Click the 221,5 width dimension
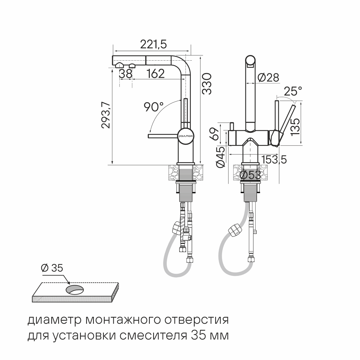(153, 45)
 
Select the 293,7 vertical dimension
(106, 115)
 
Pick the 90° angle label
(154, 107)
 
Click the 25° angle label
(293, 91)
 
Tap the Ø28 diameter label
(268, 77)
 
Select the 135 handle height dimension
(295, 127)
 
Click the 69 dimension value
(214, 134)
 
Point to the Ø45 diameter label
(220, 157)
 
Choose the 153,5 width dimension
(274, 159)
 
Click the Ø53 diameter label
(250, 175)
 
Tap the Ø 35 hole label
(52, 268)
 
